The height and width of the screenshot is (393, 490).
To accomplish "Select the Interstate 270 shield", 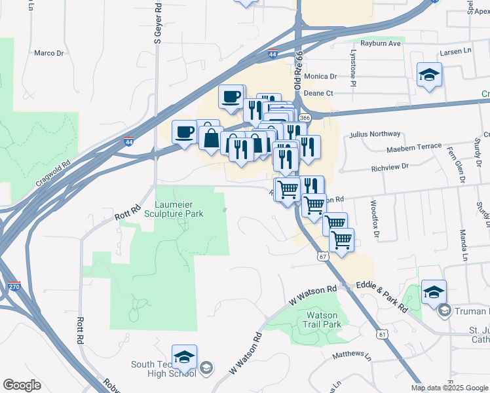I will click(15, 286).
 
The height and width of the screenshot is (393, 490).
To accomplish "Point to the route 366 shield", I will click(305, 118).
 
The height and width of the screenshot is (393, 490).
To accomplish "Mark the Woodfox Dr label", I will click(376, 219).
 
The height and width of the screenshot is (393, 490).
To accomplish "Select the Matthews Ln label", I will click(352, 354).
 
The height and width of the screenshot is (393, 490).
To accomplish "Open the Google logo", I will click(22, 385).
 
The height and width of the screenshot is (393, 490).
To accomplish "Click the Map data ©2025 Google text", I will click(449, 387).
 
